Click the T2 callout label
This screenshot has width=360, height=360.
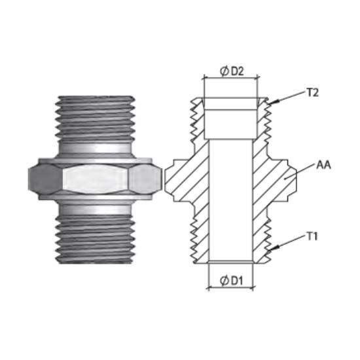(x=312, y=93)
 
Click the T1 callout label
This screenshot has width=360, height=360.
(x=312, y=236)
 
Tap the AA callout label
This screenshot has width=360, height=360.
(x=323, y=165)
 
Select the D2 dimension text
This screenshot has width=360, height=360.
(x=237, y=71)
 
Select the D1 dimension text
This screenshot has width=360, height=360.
(x=236, y=281)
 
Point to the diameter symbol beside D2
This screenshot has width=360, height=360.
(x=225, y=71)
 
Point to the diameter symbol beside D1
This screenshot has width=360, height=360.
(x=224, y=281)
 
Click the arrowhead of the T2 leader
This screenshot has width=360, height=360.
(x=274, y=101)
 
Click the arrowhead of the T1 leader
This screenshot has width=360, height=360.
(x=274, y=247)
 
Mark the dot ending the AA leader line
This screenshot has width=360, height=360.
(x=285, y=179)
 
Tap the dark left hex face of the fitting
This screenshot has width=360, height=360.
(x=45, y=179)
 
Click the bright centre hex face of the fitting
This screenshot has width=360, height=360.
(x=96, y=179)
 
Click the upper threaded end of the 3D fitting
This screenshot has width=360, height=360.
(x=95, y=118)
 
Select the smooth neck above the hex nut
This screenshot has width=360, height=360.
(x=95, y=148)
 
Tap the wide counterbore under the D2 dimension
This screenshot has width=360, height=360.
(x=230, y=118)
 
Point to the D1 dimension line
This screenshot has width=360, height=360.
(x=230, y=287)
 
